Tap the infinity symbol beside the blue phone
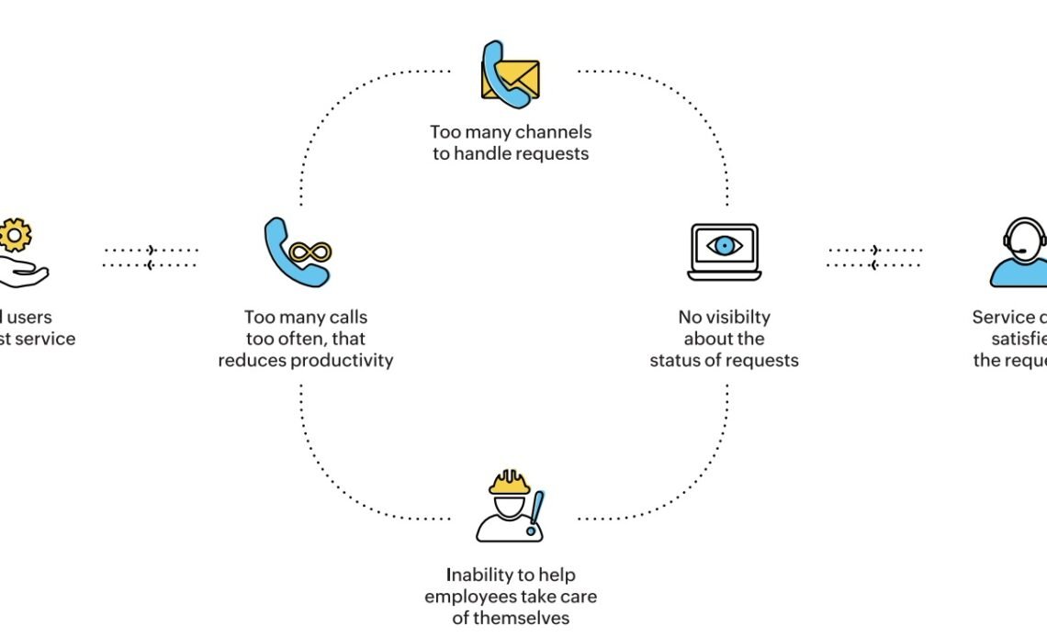click(x=311, y=251)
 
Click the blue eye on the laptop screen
click(x=725, y=245)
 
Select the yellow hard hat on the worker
click(x=510, y=482)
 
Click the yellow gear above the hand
click(x=15, y=235)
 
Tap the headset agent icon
click(x=1023, y=252)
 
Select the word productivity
click(x=342, y=360)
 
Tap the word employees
click(x=469, y=597)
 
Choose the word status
click(x=678, y=360)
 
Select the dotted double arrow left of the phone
click(x=151, y=257)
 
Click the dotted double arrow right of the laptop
click(x=874, y=257)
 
